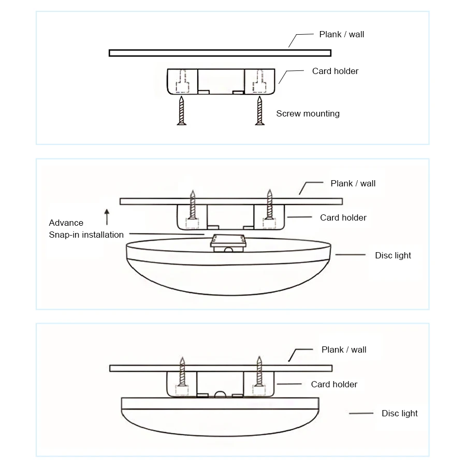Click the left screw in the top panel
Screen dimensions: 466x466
tap(181, 110)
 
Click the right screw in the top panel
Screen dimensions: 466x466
tap(258, 110)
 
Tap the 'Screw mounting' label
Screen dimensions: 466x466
tap(308, 113)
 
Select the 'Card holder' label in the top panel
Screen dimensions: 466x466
tap(335, 71)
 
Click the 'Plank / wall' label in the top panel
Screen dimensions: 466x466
tap(341, 34)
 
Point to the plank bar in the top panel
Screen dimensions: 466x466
tap(220, 53)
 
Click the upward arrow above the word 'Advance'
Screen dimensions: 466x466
tap(107, 216)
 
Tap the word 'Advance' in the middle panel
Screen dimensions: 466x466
tap(66, 223)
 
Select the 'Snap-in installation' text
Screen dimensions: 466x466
tap(86, 235)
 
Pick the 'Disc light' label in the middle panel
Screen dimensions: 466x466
tap(393, 255)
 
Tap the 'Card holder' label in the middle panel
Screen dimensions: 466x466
tap(343, 217)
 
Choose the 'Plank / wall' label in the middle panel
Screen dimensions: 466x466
tap(353, 183)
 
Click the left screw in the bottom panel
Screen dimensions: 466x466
tap(182, 372)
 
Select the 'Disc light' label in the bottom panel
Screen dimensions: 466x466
tap(399, 413)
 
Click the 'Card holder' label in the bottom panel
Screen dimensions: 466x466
tap(334, 384)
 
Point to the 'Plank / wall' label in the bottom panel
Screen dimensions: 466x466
tap(344, 349)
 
